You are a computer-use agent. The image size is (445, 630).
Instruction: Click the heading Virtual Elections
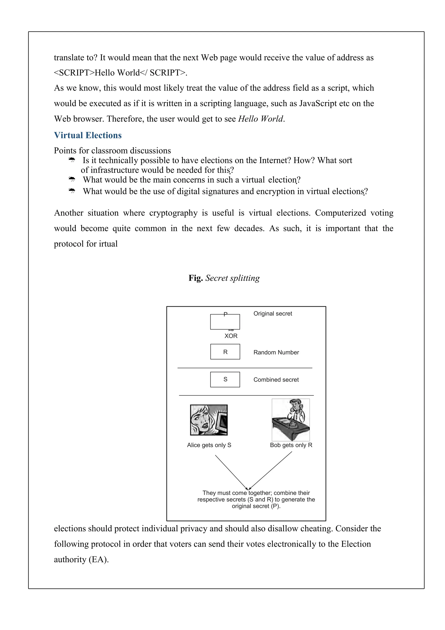pos(88,135)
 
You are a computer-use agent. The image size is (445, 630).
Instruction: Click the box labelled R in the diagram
pos(225,352)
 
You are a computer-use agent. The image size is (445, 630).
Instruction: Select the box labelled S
pos(225,379)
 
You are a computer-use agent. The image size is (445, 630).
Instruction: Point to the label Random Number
pos(276,352)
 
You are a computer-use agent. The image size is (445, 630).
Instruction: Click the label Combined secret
pos(276,380)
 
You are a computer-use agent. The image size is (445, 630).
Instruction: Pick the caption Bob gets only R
pos(291,445)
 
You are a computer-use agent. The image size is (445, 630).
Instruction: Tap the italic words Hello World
pos(260,119)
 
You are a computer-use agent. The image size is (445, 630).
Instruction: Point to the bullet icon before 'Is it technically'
pos(72,160)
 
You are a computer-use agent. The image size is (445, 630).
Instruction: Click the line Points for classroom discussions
pos(112,151)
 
